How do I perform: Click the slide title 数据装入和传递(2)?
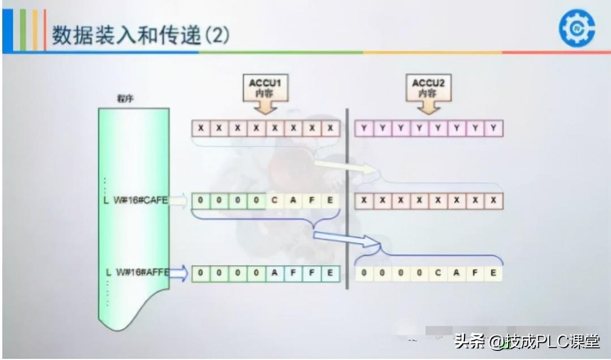pyautogui.click(x=141, y=35)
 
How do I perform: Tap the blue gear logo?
pyautogui.click(x=576, y=28)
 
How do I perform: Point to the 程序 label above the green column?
pyautogui.click(x=125, y=98)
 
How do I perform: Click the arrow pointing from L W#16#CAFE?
pyautogui.click(x=179, y=200)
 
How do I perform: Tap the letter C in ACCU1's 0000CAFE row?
pyautogui.click(x=275, y=200)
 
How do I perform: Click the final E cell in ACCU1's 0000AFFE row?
pyautogui.click(x=330, y=273)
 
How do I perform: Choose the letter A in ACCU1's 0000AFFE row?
pyautogui.click(x=275, y=273)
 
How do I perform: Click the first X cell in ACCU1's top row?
pyautogui.click(x=201, y=128)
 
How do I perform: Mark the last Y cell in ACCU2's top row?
pyautogui.click(x=493, y=128)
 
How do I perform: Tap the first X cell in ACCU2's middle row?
pyautogui.click(x=364, y=201)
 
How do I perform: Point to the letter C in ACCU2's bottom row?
pyautogui.click(x=438, y=273)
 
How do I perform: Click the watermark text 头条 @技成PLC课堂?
pyautogui.click(x=526, y=341)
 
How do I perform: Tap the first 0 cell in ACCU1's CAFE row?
pyautogui.click(x=201, y=200)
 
